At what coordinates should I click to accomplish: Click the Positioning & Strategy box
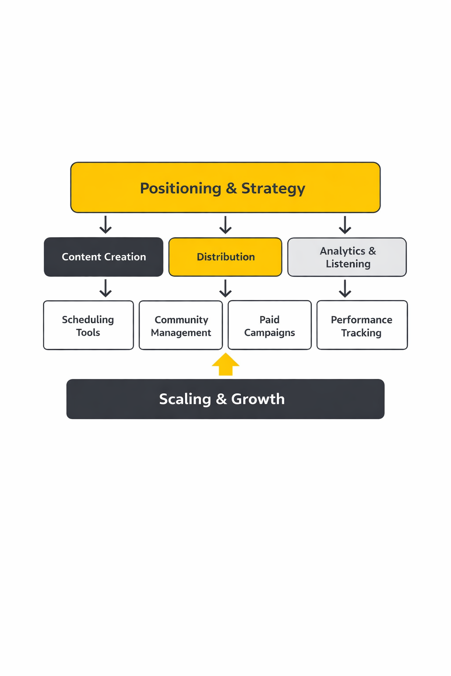[x=225, y=187]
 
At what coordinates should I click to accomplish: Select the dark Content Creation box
[x=104, y=257]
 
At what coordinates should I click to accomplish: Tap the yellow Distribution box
[x=225, y=257]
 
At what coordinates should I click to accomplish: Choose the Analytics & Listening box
[x=347, y=257]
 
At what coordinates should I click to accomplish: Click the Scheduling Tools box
[x=88, y=325]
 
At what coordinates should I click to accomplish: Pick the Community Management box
[x=181, y=325]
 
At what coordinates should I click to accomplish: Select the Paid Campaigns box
[x=270, y=325]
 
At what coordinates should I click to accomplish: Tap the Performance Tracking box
[x=362, y=325]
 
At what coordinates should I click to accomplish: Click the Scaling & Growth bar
[x=225, y=399]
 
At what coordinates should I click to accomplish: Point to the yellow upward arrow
[x=225, y=364]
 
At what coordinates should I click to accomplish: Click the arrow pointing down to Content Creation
[x=105, y=224]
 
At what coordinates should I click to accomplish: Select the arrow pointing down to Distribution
[x=225, y=224]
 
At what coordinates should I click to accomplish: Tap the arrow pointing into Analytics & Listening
[x=345, y=224]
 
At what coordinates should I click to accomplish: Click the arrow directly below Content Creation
[x=105, y=288]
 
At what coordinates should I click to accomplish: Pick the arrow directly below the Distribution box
[x=225, y=288]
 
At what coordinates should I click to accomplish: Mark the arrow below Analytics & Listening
[x=345, y=288]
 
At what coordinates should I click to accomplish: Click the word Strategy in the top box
[x=273, y=188]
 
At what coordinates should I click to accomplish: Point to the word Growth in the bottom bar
[x=258, y=399]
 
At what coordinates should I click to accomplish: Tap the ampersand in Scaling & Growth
[x=221, y=399]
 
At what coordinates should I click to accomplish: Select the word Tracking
[x=361, y=333]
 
